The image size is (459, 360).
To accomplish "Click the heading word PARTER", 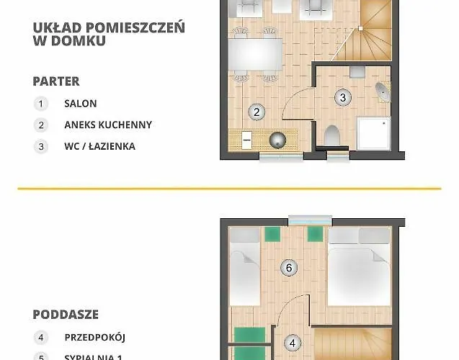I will coord(56,81).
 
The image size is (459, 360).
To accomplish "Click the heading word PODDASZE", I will coord(66,315).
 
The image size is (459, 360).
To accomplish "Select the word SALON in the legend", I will coord(81,104).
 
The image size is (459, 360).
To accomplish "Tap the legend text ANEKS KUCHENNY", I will coord(108,125).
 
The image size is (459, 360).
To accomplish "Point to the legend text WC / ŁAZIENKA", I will coord(99,146).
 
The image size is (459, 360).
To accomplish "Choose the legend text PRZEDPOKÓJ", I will coord(95,336).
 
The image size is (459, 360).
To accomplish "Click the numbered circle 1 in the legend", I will coord(41,104).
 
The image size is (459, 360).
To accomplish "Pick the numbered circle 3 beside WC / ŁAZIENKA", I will coord(41,146).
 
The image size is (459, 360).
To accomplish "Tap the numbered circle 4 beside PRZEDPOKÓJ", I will coord(41,336).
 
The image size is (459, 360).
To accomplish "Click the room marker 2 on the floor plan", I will coord(256,112).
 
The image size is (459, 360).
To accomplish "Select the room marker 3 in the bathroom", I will coord(343,97).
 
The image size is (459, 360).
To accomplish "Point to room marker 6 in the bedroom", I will coord(288,269).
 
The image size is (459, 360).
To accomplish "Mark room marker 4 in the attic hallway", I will coord(293,343).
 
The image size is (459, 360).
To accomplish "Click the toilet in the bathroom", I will coord(332,135).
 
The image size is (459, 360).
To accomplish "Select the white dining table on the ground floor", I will coord(255,53).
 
